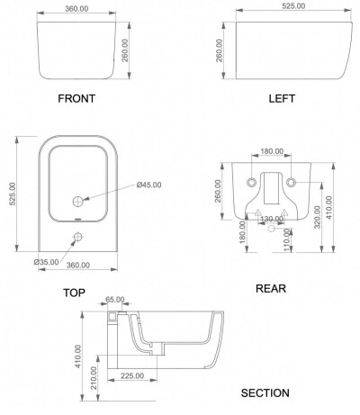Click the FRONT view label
tap(76, 98)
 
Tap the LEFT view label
tap(282, 98)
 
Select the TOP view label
tap(74, 293)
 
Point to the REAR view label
tap(271, 288)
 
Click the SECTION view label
tap(265, 392)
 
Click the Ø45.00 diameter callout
tap(148, 185)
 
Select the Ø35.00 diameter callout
tap(47, 262)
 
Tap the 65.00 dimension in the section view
tap(115, 300)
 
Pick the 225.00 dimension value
tap(132, 375)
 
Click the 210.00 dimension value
tap(94, 378)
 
